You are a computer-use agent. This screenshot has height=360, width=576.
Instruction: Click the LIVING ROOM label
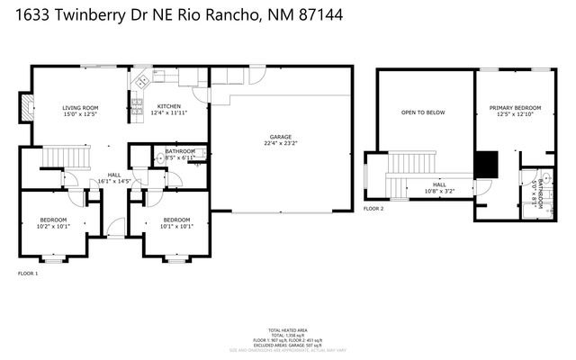pos(80,107)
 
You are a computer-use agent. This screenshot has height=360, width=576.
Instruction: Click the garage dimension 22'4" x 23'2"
pos(280,142)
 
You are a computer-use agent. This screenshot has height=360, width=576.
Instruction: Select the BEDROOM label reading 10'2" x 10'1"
pos(55,220)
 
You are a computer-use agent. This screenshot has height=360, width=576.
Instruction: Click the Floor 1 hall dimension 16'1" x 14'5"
pos(114,181)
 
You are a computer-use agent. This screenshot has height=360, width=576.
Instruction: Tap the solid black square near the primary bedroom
pos(486,164)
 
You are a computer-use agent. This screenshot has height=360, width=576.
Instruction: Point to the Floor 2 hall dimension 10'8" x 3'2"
pos(439,191)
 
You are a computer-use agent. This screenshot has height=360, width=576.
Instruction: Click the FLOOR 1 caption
pos(28,273)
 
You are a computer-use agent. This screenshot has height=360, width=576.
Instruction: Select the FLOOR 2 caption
pos(373,208)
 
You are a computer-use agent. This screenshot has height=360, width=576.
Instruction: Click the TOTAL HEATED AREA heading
pos(288,330)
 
